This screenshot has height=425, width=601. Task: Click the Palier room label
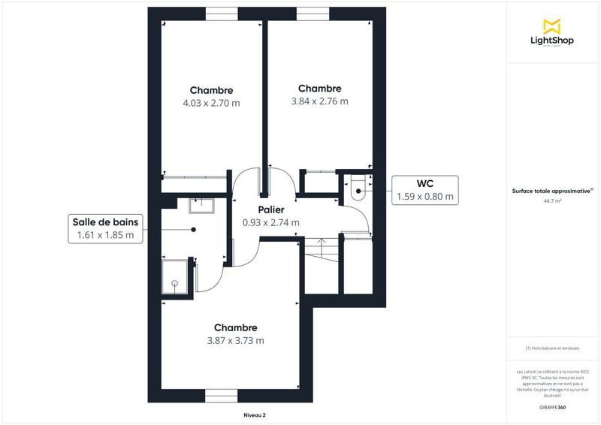click(x=270, y=210)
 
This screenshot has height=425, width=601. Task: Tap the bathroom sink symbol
click(x=202, y=203)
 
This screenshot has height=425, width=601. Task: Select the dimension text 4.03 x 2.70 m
click(x=211, y=103)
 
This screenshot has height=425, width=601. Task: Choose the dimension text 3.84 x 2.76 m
click(x=319, y=101)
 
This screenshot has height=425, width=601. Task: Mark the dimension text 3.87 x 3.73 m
click(x=235, y=340)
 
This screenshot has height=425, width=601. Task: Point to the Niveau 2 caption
click(x=255, y=414)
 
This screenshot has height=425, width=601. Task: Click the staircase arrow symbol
click(x=321, y=245)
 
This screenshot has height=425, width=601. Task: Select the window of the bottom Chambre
click(x=222, y=395)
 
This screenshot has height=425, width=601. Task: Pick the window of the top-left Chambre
click(x=222, y=14)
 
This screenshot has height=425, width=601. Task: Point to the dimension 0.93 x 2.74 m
click(x=270, y=222)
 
